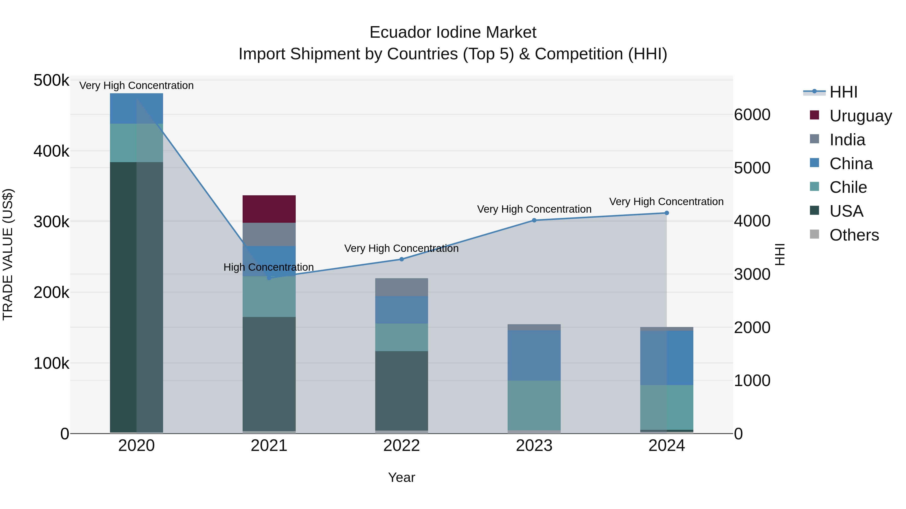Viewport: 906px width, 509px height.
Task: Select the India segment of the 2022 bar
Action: point(401,287)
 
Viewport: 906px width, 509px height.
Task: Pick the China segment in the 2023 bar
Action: point(534,355)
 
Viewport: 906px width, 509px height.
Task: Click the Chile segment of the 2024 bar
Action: point(666,407)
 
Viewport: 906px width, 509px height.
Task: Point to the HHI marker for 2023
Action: point(534,220)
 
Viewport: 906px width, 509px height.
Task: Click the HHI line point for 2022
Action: point(401,259)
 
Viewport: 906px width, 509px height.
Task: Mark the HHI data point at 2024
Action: point(666,213)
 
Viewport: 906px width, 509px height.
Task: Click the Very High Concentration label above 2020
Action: point(136,86)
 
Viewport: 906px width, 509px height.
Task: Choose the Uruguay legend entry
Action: point(860,116)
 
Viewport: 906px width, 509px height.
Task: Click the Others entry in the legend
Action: point(854,235)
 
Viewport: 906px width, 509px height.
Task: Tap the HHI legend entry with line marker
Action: point(843,92)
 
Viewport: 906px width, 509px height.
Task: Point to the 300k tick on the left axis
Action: point(51,222)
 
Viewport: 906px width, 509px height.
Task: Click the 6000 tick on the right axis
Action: point(752,115)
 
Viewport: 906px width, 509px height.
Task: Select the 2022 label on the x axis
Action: point(401,446)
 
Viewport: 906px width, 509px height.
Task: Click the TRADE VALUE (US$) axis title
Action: point(8,254)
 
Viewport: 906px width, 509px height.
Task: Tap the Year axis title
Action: point(401,477)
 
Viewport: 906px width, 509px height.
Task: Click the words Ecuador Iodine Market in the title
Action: point(453,32)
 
